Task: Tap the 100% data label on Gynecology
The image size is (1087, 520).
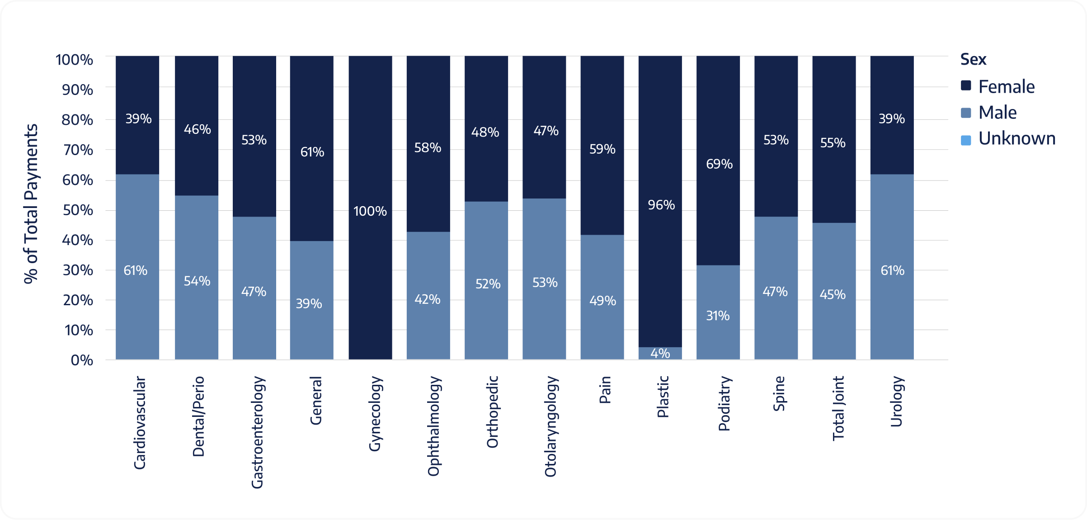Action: click(x=370, y=211)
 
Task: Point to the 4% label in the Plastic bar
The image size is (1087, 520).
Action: click(x=660, y=353)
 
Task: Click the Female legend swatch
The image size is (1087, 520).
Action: click(x=966, y=86)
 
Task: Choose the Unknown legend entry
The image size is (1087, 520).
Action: click(x=1016, y=138)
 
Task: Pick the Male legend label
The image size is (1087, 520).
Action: click(x=997, y=113)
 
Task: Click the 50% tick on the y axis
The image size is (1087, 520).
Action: click(x=78, y=210)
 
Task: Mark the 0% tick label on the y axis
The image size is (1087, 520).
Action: click(x=82, y=360)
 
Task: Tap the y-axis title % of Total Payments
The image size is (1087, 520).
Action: click(x=31, y=203)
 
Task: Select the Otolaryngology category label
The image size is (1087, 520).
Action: click(x=550, y=426)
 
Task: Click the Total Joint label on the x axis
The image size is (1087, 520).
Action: click(x=838, y=408)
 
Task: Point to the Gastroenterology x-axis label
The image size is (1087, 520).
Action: click(x=257, y=432)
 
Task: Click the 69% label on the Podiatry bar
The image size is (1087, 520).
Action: click(x=719, y=164)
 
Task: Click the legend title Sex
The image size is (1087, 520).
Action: click(x=973, y=59)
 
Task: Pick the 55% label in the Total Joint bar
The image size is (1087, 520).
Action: click(x=833, y=143)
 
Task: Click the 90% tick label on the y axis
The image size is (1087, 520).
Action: click(x=78, y=90)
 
